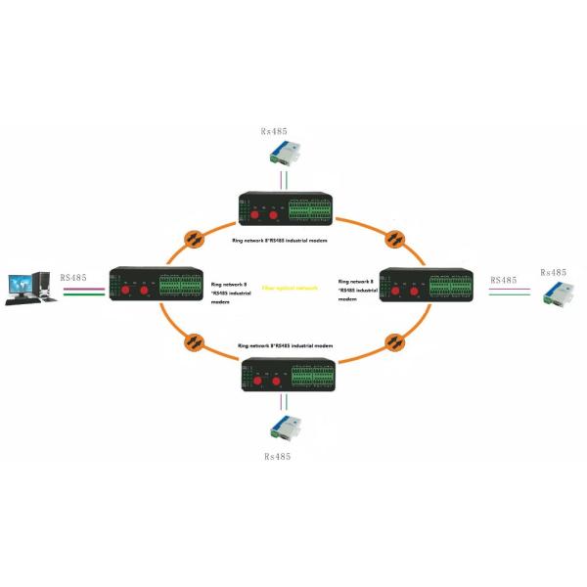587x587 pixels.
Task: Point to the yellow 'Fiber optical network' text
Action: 290,290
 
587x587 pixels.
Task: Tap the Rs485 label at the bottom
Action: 280,457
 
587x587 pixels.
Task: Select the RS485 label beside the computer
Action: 72,278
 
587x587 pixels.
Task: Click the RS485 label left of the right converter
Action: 503,280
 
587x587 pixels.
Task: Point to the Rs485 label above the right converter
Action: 552,273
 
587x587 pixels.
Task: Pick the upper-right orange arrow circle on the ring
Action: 396,238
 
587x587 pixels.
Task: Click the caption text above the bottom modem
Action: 292,347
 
